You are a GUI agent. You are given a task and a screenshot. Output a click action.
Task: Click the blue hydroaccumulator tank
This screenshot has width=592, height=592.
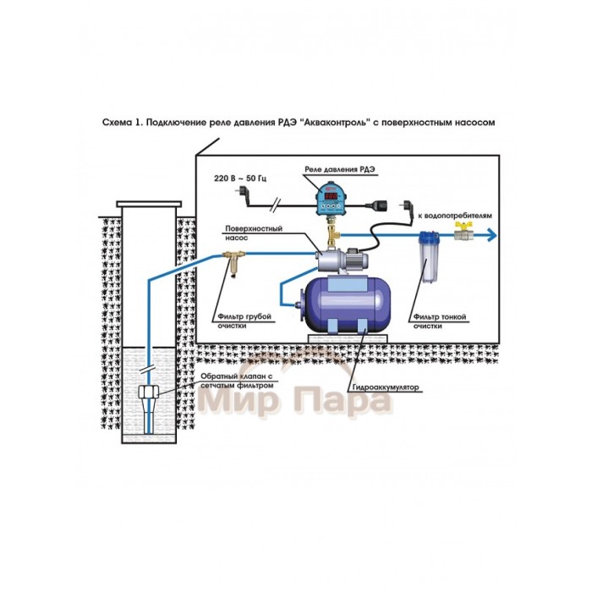pyautogui.click(x=338, y=299)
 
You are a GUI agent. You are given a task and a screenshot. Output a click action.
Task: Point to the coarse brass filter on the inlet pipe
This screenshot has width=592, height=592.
pyautogui.click(x=236, y=255)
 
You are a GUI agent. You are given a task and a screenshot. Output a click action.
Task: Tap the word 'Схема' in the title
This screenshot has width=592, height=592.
pyautogui.click(x=116, y=123)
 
